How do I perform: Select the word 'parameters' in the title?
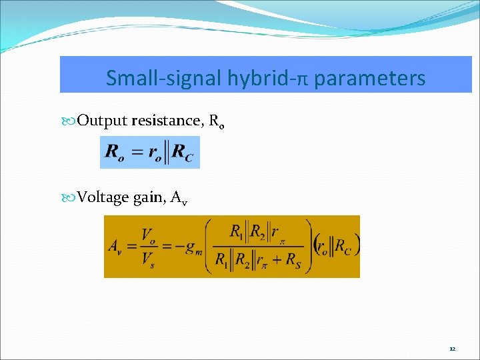[369, 79]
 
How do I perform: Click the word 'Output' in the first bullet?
[103, 121]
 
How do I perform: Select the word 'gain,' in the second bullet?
[150, 198]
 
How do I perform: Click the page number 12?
[452, 349]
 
